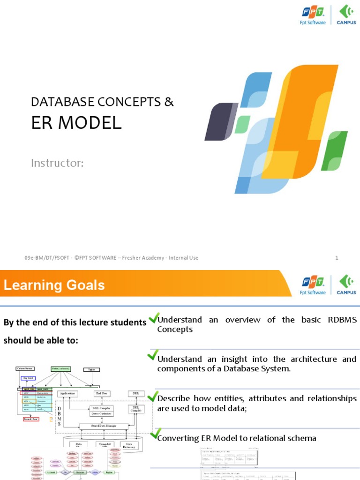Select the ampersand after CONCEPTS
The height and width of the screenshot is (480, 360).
pyautogui.click(x=169, y=101)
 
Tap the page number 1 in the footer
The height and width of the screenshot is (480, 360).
pyautogui.click(x=337, y=258)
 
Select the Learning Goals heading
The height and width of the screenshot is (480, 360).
pyautogui.click(x=54, y=285)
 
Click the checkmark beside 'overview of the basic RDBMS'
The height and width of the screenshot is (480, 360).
pyautogui.click(x=153, y=319)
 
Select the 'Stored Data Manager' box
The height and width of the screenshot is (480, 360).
pyautogui.click(x=97, y=426)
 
